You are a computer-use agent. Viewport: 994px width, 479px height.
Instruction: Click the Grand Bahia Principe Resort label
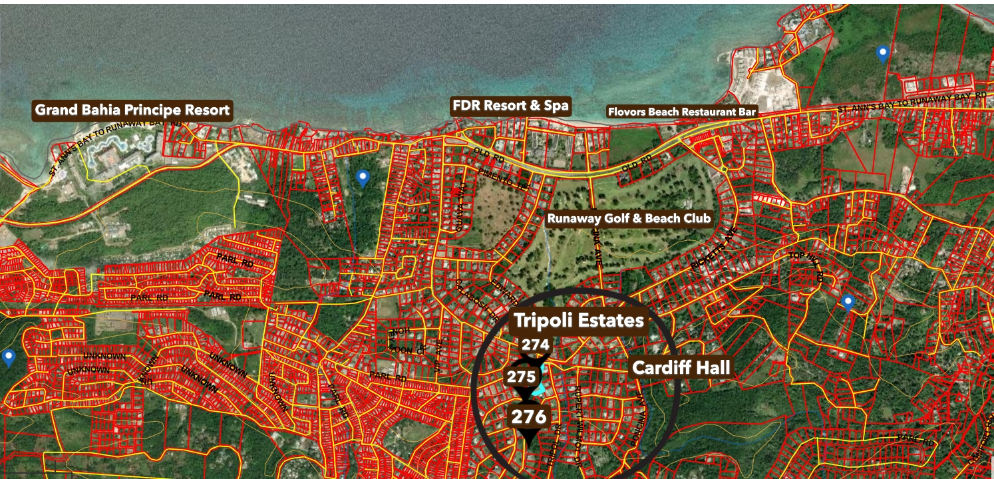coord(132,110)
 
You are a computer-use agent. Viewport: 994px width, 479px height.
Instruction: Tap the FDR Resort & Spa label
coord(510,105)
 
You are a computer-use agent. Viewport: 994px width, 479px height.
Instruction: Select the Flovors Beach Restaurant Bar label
coord(682,112)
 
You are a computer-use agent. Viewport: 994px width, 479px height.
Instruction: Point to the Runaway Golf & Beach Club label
coord(629,218)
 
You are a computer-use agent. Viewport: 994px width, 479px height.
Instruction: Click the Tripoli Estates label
coord(578,321)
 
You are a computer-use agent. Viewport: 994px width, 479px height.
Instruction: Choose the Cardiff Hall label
coord(681,367)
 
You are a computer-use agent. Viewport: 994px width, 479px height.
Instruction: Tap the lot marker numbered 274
coord(535,345)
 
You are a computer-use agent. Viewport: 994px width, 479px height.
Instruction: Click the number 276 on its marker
coord(530,417)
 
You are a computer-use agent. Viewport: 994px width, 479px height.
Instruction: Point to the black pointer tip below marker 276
coord(529,444)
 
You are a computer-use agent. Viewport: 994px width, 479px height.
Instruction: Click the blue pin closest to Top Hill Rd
coord(847,303)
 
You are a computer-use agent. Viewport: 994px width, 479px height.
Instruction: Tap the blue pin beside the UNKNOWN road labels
coord(9,358)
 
